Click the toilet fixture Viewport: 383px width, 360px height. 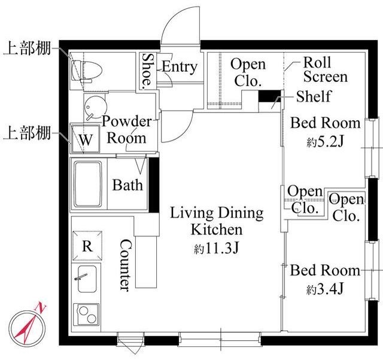pyautogui.click(x=86, y=71)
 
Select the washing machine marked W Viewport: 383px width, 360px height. pyautogui.click(x=85, y=139)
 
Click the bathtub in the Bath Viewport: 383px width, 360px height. pyautogui.click(x=88, y=184)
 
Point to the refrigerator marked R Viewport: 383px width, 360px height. pyautogui.click(x=87, y=246)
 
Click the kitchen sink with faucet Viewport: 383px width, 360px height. pyautogui.click(x=87, y=279)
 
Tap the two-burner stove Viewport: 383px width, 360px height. pyautogui.click(x=86, y=315)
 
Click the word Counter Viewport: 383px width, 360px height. pyautogui.click(x=126, y=265)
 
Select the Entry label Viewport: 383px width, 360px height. pyautogui.click(x=180, y=66)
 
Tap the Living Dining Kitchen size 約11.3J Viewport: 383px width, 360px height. pyautogui.click(x=216, y=248)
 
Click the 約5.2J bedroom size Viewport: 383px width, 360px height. pyautogui.click(x=325, y=141)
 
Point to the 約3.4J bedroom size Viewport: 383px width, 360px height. pyautogui.click(x=325, y=289)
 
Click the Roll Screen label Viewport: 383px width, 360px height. pyautogui.click(x=325, y=69)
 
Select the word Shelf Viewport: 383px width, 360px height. pyautogui.click(x=314, y=96)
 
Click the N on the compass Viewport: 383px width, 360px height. pyautogui.click(x=41, y=308)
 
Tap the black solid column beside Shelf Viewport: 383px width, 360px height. pyautogui.click(x=270, y=96)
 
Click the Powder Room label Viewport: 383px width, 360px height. pyautogui.click(x=126, y=130)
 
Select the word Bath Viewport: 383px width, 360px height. pyautogui.click(x=127, y=185)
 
